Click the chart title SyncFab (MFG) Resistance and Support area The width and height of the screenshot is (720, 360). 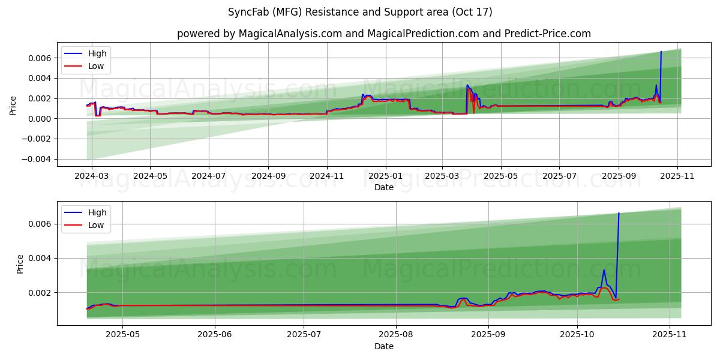[x=360, y=12]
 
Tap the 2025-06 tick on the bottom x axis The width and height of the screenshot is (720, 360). [x=214, y=335]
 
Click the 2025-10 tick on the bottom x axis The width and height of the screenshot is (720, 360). [x=577, y=335]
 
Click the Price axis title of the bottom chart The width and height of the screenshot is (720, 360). [x=20, y=263]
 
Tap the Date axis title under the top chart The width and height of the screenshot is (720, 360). [x=384, y=188]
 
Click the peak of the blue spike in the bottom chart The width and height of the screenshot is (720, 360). [x=619, y=213]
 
